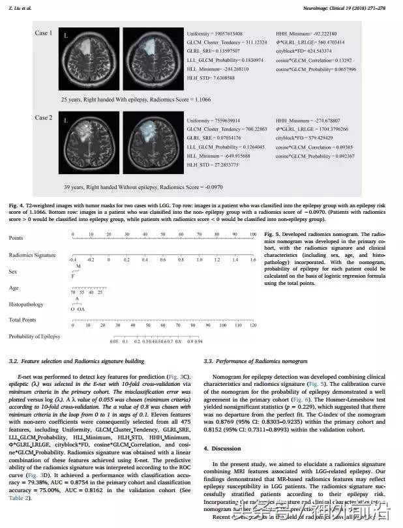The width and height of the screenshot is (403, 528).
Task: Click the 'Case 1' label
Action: point(44,33)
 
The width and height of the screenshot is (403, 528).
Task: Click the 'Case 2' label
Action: point(44,118)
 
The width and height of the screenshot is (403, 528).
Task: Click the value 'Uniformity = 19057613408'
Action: point(214,33)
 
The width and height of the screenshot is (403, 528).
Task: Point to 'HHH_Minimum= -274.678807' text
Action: point(305,121)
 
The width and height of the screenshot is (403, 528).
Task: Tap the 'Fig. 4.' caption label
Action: point(17,206)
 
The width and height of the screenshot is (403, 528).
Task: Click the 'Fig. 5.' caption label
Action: point(275,233)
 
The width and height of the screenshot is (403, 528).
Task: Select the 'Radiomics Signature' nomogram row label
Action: point(32,255)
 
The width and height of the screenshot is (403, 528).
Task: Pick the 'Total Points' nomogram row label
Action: point(23,320)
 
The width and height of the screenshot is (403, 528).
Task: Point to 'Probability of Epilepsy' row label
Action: point(34,336)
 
